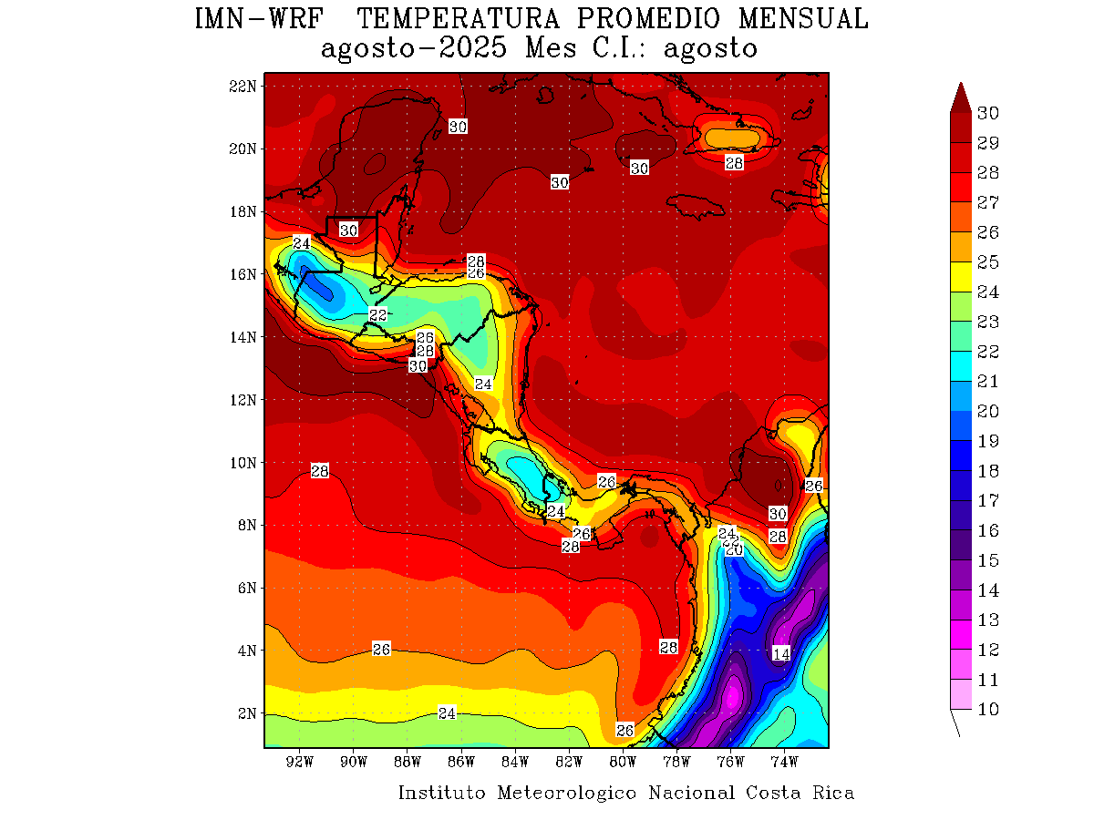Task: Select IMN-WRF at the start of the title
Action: coord(260,19)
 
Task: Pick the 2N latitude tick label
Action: coord(246,713)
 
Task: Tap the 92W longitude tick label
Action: coord(300,762)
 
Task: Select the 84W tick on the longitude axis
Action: coord(515,762)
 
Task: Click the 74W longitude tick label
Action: coord(784,762)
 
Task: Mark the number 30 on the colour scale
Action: coord(987,113)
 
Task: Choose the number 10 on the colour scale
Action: coord(987,710)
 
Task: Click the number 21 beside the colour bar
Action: coord(987,382)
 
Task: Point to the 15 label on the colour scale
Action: coord(987,560)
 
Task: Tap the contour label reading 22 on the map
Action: coord(377,315)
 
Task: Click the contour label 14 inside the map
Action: coord(781,653)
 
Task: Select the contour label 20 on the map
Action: coord(734,549)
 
